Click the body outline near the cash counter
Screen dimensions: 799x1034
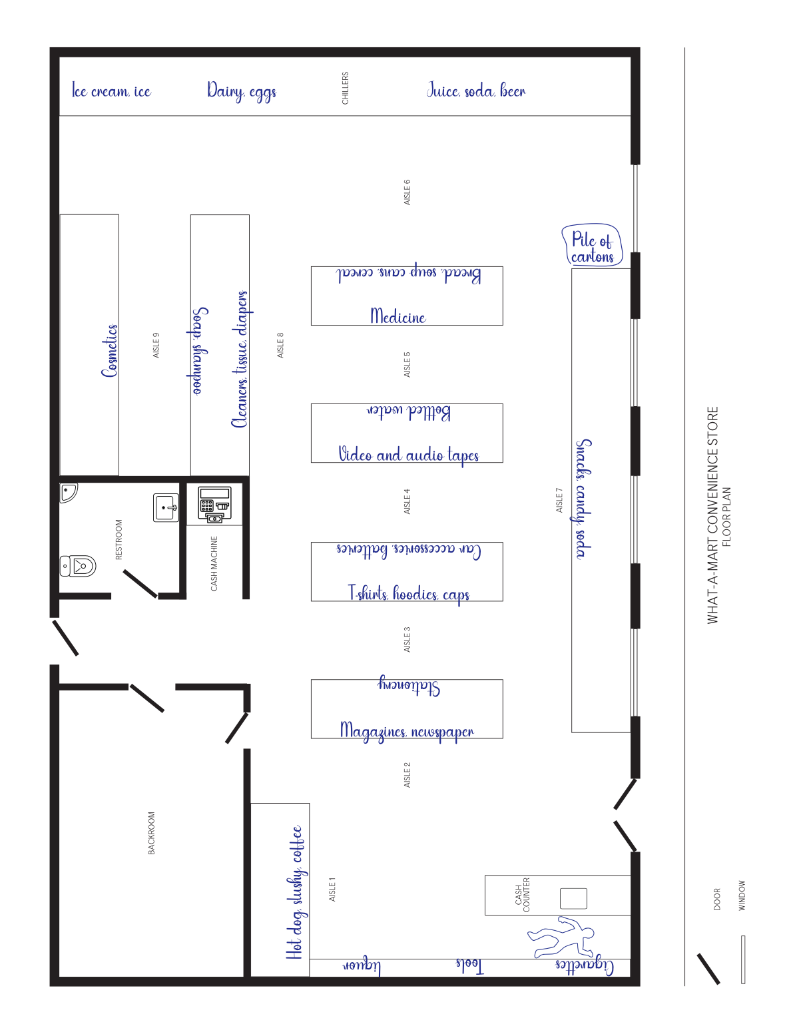point(561,937)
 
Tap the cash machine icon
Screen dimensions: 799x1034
point(214,505)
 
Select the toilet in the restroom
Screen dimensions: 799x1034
point(77,566)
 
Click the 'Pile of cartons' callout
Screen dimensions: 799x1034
point(592,244)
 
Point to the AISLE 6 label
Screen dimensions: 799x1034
point(407,192)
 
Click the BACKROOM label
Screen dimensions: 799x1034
point(151,833)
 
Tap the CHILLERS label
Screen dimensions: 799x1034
point(345,88)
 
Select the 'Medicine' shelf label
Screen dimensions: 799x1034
point(398,316)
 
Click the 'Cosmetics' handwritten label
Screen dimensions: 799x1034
point(109,351)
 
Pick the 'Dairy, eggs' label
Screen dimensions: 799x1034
point(242,91)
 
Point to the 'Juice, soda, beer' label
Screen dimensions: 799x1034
point(476,90)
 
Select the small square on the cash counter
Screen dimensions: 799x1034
point(573,898)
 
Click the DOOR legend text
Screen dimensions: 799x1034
point(716,900)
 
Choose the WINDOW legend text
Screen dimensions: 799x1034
point(742,896)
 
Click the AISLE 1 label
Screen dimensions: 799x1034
point(332,890)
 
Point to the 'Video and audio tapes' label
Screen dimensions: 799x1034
point(408,455)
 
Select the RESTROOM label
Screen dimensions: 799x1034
point(119,539)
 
